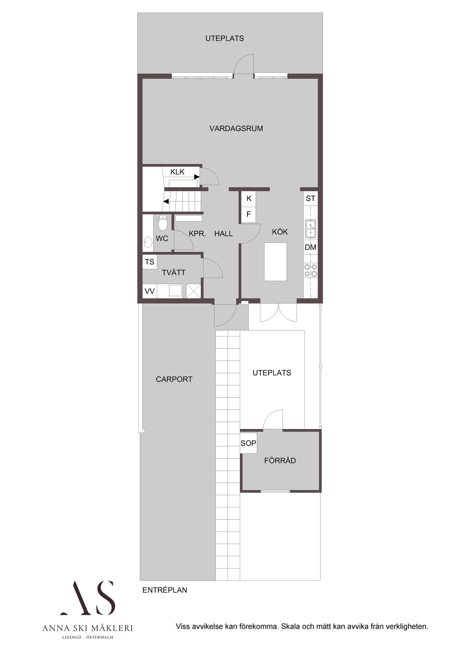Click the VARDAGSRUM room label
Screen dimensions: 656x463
(x=236, y=128)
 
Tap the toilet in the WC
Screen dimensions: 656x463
(x=162, y=223)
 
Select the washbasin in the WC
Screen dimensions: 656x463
(x=148, y=242)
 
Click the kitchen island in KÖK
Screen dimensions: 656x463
(x=275, y=262)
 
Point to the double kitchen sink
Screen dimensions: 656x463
(x=310, y=229)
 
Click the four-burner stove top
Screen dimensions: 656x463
(x=310, y=270)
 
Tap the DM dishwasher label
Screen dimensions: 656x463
(x=310, y=247)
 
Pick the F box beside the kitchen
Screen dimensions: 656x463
(x=249, y=214)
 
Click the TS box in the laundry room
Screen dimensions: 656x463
(x=150, y=262)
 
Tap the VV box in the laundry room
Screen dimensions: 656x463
(x=150, y=291)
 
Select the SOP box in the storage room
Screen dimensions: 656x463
(x=248, y=443)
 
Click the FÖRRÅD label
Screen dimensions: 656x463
(x=280, y=461)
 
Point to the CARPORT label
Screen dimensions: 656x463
(x=174, y=379)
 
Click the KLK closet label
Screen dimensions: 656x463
(x=177, y=172)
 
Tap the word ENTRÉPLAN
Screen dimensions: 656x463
(x=165, y=590)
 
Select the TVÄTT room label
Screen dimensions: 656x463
(x=173, y=273)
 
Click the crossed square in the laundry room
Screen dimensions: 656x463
(x=193, y=291)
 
